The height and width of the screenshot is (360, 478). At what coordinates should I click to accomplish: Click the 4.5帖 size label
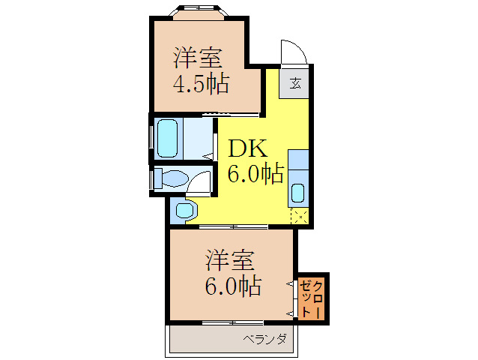[x=201, y=82]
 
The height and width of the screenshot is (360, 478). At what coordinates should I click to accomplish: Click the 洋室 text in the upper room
[x=199, y=57]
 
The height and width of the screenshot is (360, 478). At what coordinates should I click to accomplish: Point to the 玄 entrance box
[x=295, y=82]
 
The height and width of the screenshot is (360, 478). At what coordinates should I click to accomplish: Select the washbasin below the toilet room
[x=185, y=210]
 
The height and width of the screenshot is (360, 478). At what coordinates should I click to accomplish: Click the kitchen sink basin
[x=297, y=193]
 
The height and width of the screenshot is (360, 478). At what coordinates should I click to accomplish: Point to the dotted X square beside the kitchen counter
[x=299, y=216]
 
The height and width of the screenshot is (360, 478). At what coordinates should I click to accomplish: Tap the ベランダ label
[x=264, y=340]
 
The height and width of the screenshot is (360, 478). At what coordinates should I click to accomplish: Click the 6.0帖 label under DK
[x=255, y=175]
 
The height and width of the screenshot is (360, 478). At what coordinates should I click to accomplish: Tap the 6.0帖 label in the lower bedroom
[x=233, y=286]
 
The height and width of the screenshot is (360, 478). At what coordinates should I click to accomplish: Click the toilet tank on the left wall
[x=157, y=179]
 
